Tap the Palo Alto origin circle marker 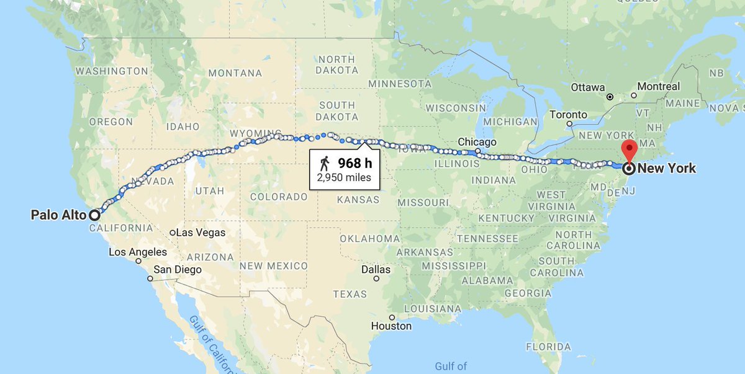click(94, 215)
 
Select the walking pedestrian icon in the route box click(325, 164)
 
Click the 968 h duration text click(355, 164)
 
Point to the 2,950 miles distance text click(344, 178)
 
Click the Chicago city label click(477, 142)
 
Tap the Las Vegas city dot click(173, 233)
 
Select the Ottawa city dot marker click(610, 97)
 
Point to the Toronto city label click(568, 115)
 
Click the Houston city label click(391, 326)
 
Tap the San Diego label click(178, 269)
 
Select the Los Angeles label click(138, 252)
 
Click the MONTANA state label click(235, 73)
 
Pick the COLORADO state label click(279, 197)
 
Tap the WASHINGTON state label click(112, 71)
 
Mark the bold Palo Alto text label click(59, 215)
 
